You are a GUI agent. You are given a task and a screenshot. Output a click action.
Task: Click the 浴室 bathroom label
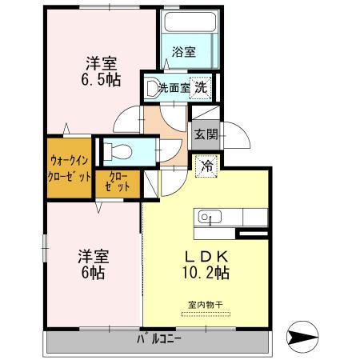tap(184, 52)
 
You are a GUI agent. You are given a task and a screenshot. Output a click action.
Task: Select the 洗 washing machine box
tap(203, 87)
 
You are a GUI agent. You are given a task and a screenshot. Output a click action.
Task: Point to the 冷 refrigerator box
tap(205, 167)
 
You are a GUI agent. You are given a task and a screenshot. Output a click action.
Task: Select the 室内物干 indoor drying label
tap(205, 305)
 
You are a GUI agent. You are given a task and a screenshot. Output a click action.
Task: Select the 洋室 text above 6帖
tap(93, 256)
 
